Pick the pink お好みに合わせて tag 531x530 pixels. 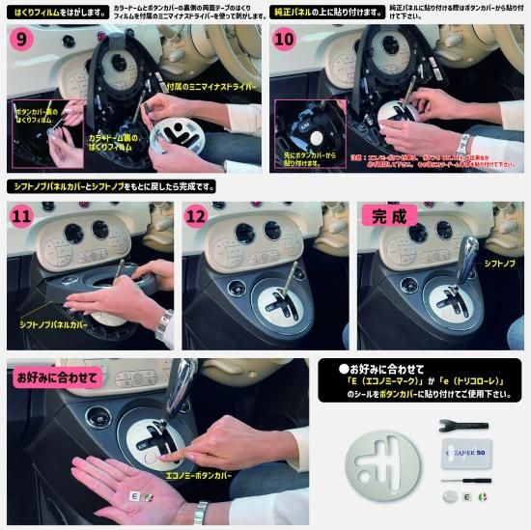click(x=43, y=378)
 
